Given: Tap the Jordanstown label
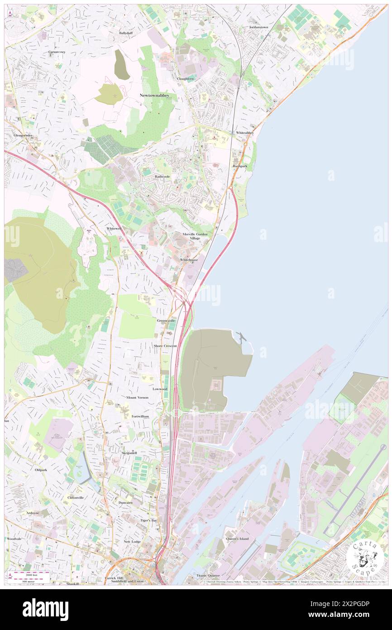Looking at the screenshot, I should (x=258, y=27).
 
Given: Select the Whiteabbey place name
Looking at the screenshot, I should (x=245, y=132).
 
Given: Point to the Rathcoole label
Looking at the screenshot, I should (x=163, y=177).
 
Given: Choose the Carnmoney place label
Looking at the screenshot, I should (x=57, y=52).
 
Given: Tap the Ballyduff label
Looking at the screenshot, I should (x=126, y=33).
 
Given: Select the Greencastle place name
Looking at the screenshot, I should (x=166, y=320).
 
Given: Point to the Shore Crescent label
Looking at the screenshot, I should (x=165, y=346).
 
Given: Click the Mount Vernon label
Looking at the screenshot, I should (x=138, y=397).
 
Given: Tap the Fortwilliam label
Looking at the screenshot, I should (x=140, y=416).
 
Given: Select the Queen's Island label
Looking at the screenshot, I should (x=238, y=538).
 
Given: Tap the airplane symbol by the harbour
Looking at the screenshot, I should (x=241, y=337).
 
